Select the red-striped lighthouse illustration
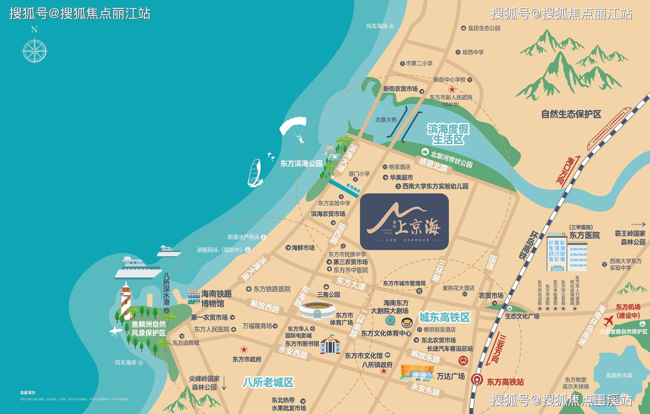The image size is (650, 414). pos(126,300)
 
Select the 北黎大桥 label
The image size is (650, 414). pos(386,120)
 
